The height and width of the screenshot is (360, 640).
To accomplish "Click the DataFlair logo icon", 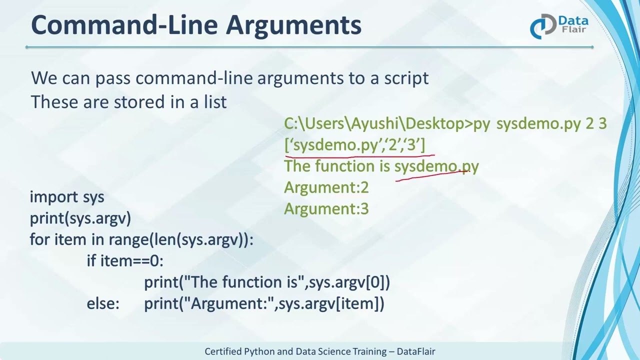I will [x=542, y=26].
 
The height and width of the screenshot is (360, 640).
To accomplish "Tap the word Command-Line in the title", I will [x=125, y=25].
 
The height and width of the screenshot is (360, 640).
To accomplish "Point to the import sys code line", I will [x=67, y=197].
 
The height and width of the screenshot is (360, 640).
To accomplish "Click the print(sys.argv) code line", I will [x=80, y=218].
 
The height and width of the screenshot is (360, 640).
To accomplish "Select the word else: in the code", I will [x=103, y=303].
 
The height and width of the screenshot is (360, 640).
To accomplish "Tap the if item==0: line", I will [x=125, y=261].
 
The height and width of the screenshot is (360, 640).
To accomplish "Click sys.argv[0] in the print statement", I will [x=349, y=282].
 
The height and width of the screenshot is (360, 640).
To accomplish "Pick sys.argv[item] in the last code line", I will [x=331, y=303].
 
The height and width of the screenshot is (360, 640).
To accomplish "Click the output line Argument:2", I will [x=326, y=187].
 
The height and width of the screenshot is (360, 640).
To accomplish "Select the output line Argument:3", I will [x=326, y=209].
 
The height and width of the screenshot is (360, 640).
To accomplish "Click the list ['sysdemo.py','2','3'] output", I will [x=354, y=145].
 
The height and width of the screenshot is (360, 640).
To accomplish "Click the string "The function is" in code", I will [x=244, y=282].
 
